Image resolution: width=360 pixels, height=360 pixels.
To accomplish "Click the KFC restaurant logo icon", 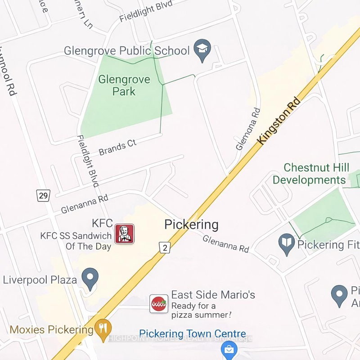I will point(124,234).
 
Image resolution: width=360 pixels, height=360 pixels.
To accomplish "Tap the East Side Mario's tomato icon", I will point(159,304).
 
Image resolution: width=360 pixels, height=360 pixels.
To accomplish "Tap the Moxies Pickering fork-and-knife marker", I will point(103,330).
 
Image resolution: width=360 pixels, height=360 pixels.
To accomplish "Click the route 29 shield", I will point(43,195).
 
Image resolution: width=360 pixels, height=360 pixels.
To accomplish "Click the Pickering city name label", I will point(191,225).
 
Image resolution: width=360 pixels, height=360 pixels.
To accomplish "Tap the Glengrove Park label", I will point(117,85).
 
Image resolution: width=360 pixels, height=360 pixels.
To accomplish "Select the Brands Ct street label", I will point(117,147).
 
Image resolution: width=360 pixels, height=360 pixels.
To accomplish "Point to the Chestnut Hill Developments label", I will point(310,174).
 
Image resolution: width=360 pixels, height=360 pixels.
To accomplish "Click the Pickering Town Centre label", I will point(192,334).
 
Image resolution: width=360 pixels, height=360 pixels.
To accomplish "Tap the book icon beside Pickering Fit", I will point(286,244).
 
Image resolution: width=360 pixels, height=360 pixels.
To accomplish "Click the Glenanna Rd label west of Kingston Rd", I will point(85,203).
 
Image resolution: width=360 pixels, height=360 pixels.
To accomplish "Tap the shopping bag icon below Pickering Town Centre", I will point(229,349).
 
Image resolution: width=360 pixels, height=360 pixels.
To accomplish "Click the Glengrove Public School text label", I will point(126,50).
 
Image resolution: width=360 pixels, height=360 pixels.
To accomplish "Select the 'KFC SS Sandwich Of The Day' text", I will point(76,241).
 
